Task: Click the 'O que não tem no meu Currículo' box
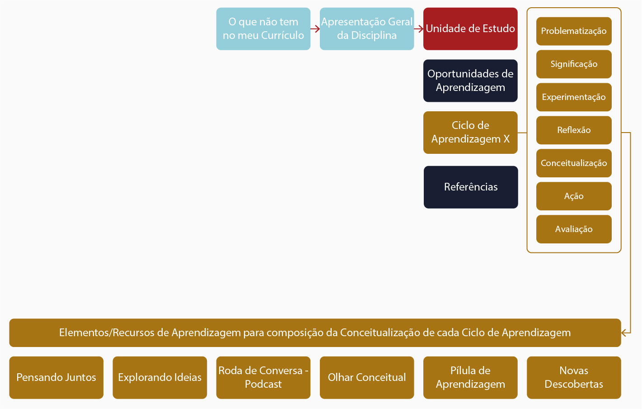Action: pos(263,29)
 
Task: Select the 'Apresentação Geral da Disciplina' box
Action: pos(366,29)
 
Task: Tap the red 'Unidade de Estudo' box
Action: pos(470,29)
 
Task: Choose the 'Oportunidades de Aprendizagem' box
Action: pos(470,81)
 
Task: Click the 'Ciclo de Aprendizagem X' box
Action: pos(470,132)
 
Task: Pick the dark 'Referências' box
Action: pos(470,187)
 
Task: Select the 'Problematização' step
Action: pos(573,31)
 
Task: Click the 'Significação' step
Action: pos(573,64)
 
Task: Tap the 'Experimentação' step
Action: pos(573,97)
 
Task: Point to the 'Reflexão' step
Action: pos(573,130)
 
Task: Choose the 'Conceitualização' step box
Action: pos(573,163)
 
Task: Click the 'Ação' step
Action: pos(573,196)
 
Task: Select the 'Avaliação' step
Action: pos(573,229)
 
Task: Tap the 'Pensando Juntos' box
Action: pos(56,377)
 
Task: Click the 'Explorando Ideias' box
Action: pos(159,377)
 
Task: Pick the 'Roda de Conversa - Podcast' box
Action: pos(263,377)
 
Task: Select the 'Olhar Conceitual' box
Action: pos(366,377)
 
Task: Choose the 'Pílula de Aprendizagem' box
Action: pos(470,377)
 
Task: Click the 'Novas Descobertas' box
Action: pos(573,377)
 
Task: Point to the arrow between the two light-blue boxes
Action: pos(315,29)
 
